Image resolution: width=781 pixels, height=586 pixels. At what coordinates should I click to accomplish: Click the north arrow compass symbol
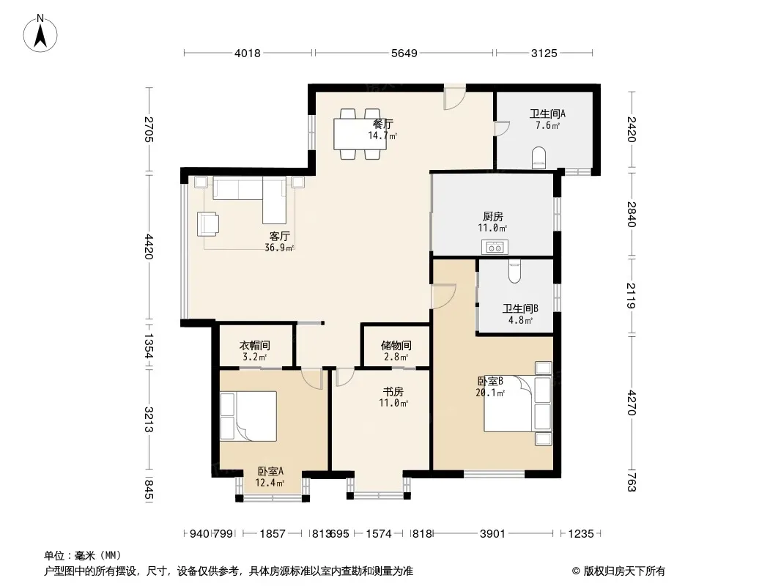(40, 33)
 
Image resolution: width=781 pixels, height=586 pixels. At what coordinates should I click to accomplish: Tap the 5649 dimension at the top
(404, 53)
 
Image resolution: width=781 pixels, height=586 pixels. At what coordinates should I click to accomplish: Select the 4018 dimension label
(248, 53)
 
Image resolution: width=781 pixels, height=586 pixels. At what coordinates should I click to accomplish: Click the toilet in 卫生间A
(538, 157)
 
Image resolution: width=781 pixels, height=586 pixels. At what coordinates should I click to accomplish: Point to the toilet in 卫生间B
(514, 271)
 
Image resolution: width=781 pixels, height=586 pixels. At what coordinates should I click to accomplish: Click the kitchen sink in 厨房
(495, 247)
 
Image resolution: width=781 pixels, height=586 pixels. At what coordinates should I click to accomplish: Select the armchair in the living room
(207, 223)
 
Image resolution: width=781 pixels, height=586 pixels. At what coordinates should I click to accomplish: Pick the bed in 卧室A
(248, 416)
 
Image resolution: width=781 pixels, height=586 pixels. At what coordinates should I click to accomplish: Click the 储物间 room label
(396, 345)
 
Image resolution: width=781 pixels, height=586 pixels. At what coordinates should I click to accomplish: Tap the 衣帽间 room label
(255, 345)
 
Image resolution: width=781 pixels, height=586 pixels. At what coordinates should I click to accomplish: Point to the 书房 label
(393, 392)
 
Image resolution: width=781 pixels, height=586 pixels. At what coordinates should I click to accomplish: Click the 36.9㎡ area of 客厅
(279, 248)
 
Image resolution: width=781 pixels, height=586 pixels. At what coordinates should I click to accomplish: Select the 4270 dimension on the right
(632, 402)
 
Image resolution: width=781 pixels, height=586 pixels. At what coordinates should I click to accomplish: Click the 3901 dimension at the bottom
(492, 534)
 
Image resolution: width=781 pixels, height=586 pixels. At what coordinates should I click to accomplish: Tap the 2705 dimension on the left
(149, 129)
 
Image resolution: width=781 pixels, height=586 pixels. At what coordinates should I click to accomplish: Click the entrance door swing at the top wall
(455, 97)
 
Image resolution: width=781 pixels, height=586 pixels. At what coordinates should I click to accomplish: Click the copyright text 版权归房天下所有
(625, 571)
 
